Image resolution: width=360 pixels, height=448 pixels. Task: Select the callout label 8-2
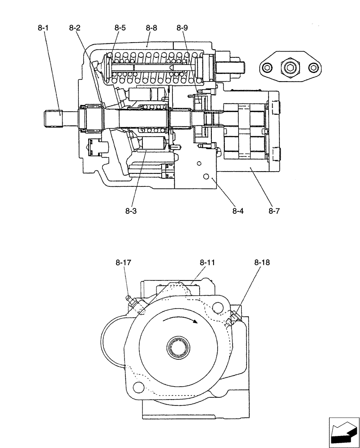click(x=75, y=28)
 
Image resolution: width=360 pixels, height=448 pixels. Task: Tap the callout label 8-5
click(x=120, y=28)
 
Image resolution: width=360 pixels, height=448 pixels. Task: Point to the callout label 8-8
click(x=151, y=28)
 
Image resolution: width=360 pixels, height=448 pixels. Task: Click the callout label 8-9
click(x=182, y=28)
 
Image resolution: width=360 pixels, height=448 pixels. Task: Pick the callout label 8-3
click(x=131, y=210)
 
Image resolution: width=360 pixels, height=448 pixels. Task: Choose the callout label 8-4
click(x=238, y=210)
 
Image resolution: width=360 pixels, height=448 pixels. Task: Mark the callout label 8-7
click(x=274, y=210)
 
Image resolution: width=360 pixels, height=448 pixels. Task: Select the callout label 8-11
click(x=207, y=263)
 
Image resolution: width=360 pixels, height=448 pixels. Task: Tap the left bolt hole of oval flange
click(x=267, y=68)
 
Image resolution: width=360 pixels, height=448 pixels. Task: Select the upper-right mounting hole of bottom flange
click(x=218, y=308)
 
